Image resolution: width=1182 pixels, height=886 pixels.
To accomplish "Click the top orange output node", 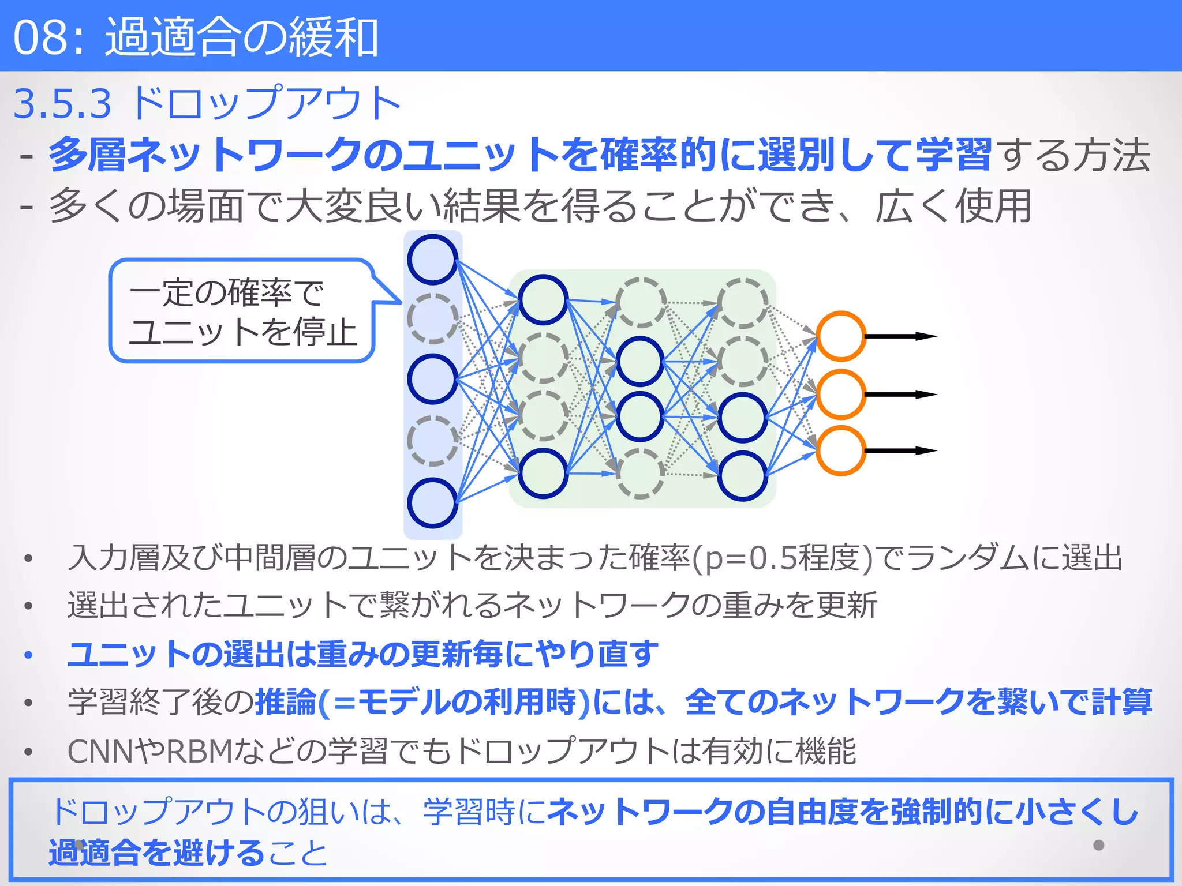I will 841,336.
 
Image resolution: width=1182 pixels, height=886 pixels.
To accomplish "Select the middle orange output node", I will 841,395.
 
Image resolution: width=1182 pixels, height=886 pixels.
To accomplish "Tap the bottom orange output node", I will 841,450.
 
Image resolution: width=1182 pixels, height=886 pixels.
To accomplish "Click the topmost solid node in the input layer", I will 432,260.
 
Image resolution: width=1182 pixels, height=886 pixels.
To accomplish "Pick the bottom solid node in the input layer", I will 432,503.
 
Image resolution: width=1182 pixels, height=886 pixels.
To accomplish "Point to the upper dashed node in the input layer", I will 432,318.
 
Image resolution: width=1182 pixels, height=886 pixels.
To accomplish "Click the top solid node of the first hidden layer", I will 543,299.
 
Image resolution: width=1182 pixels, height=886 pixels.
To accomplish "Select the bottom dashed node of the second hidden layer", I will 640,474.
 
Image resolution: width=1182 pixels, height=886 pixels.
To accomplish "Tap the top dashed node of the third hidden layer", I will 742,303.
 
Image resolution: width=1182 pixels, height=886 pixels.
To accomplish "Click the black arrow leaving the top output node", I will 900,336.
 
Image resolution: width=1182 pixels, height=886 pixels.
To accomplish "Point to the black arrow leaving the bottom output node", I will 900,450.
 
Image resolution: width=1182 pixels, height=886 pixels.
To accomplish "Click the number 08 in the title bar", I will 39,37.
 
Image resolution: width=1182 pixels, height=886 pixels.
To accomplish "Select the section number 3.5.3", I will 62,104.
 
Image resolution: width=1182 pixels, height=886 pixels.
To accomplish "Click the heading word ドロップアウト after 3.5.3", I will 265,104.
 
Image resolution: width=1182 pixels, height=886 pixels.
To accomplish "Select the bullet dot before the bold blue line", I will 28,655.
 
